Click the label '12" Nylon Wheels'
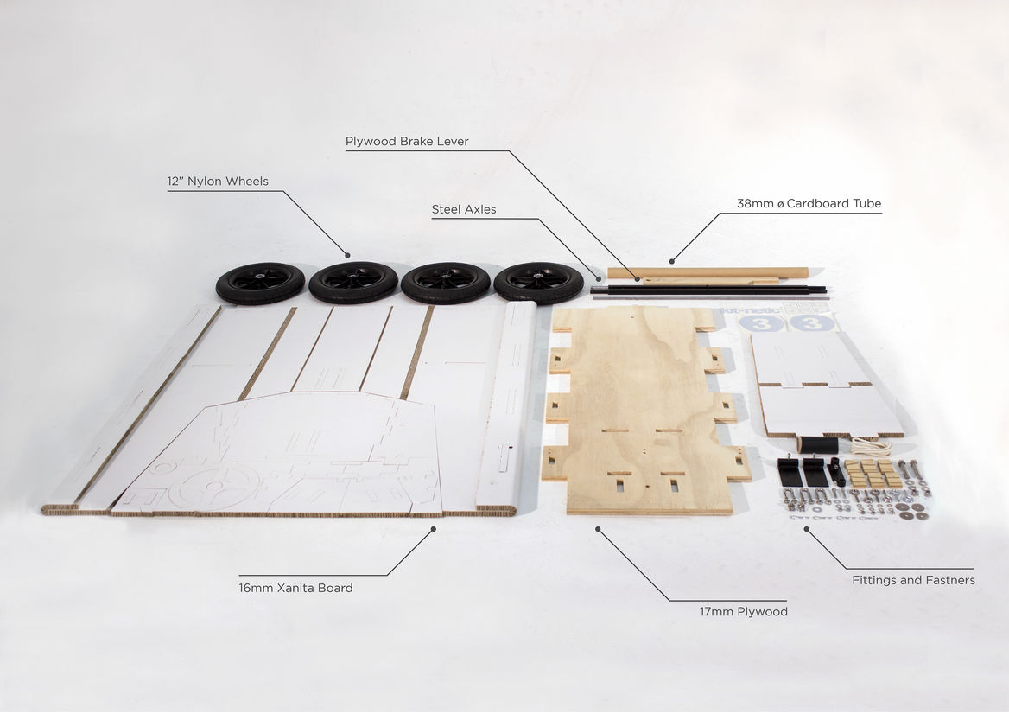218,181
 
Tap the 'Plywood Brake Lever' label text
407,142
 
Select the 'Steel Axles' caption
464,209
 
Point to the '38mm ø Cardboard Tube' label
809,203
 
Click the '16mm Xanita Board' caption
295,588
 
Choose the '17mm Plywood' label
743,612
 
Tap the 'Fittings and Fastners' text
913,580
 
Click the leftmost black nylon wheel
260,283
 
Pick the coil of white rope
872,445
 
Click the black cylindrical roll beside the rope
818,444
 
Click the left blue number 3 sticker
761,322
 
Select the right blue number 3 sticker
811,322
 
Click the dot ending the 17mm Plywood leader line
598,529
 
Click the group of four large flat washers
911,511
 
